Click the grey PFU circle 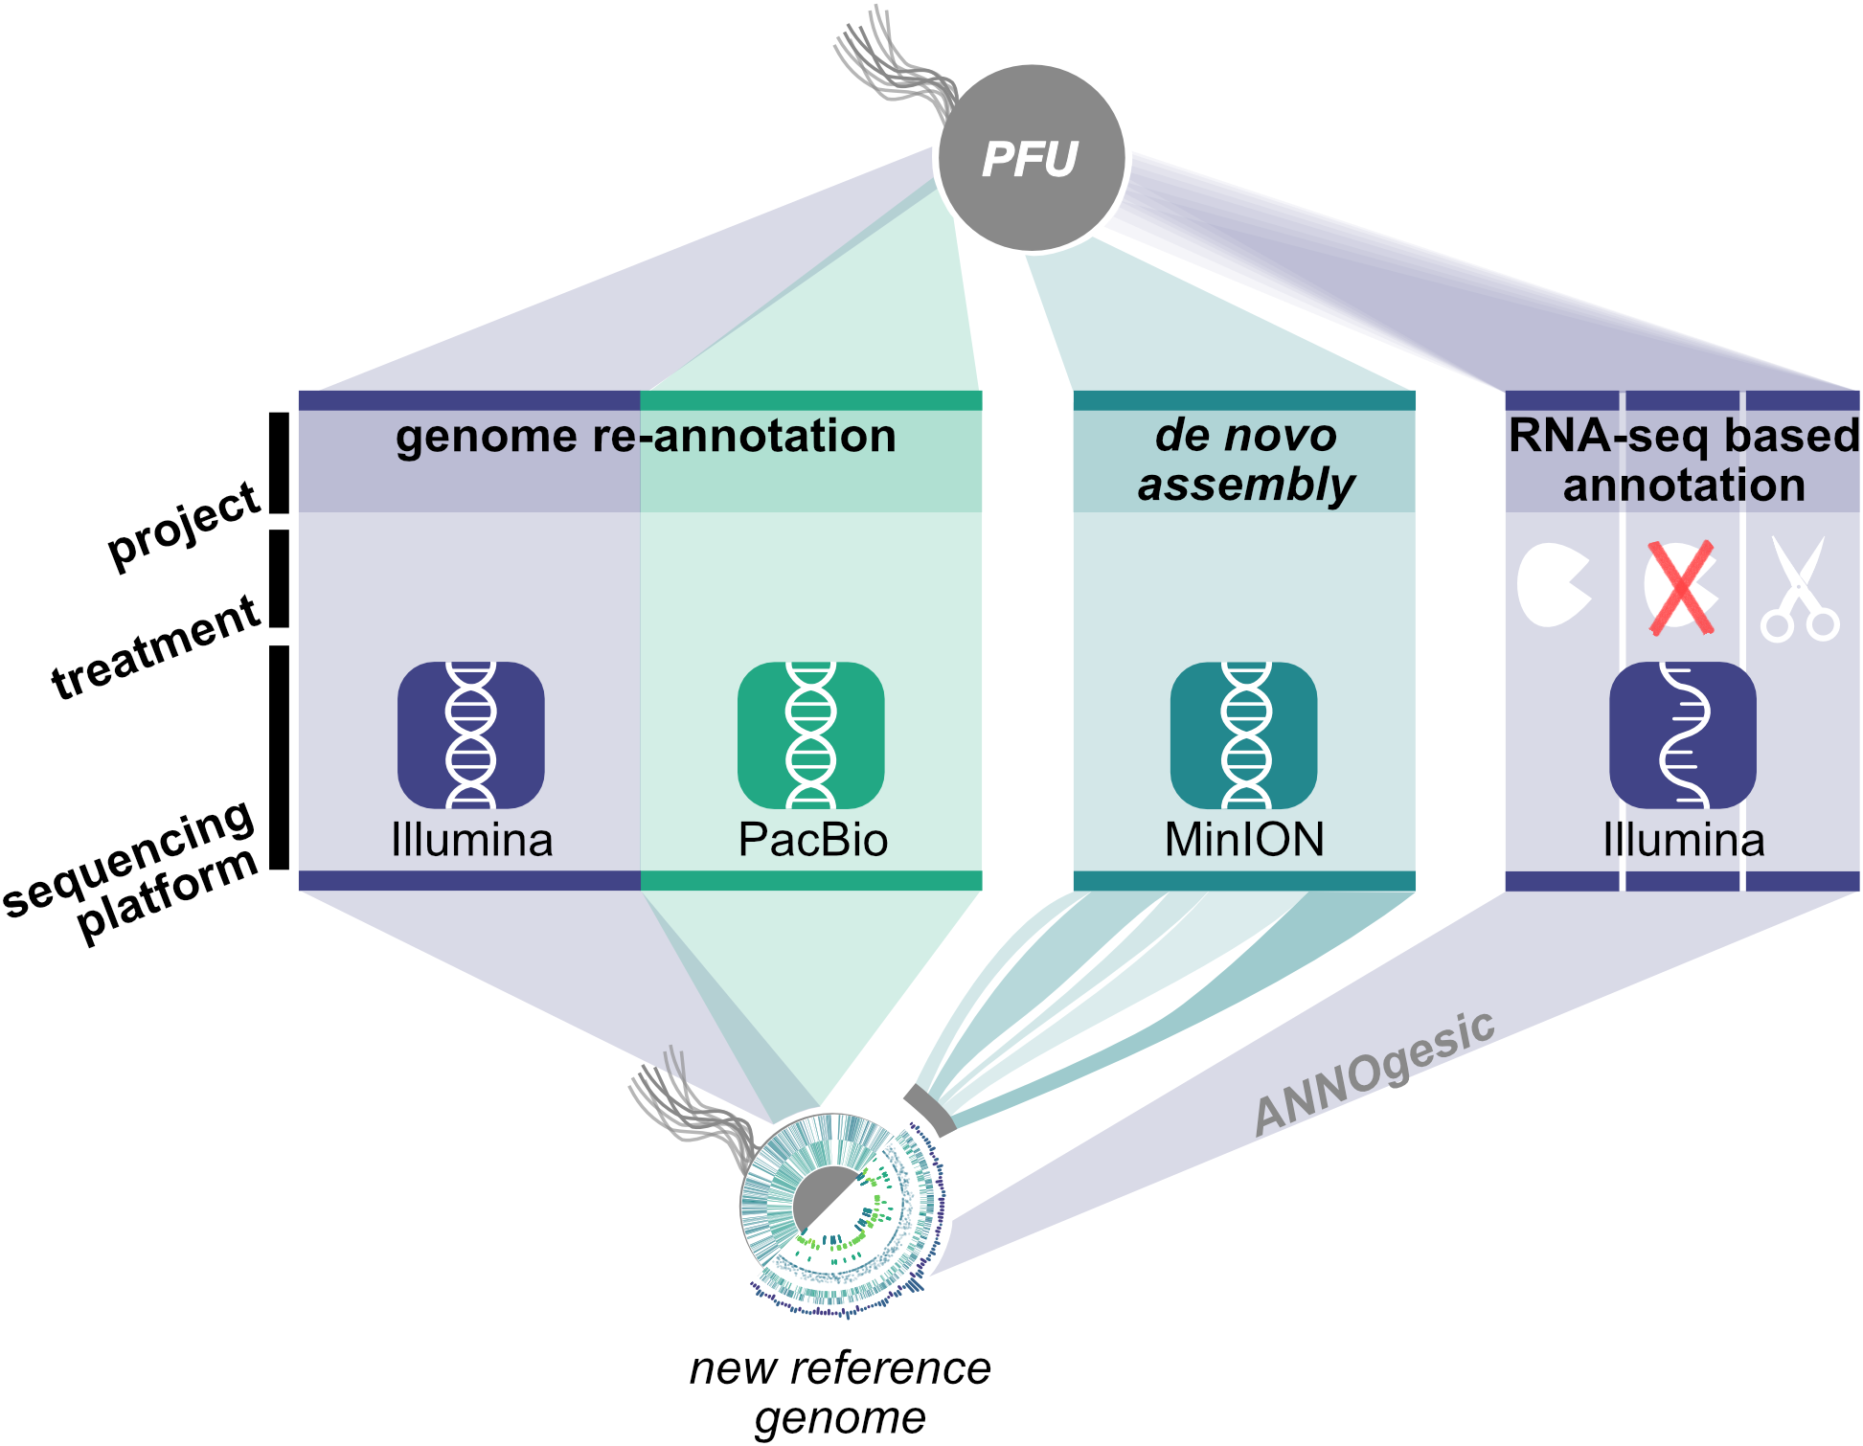(x=1032, y=159)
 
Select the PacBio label (x=813, y=840)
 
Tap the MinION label (x=1244, y=840)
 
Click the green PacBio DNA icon (x=810, y=734)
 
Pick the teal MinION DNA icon (x=1243, y=734)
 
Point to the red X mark (x=1681, y=588)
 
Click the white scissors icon (x=1800, y=590)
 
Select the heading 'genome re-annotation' (x=646, y=437)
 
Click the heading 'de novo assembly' (x=1245, y=460)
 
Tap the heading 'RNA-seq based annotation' (x=1683, y=460)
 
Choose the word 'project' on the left (x=183, y=526)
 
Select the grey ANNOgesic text (x=1375, y=1073)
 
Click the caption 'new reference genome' (x=840, y=1392)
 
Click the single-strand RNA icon (x=1683, y=734)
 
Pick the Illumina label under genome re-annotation (x=471, y=840)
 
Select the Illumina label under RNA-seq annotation (x=1683, y=840)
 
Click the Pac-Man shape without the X (x=1553, y=585)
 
